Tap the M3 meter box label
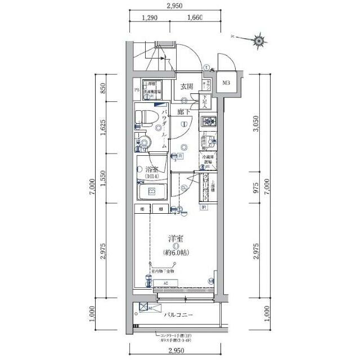(226, 84)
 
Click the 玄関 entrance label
(187, 86)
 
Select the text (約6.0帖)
(175, 252)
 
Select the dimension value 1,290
(149, 17)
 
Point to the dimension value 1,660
(193, 17)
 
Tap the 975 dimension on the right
(257, 188)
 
